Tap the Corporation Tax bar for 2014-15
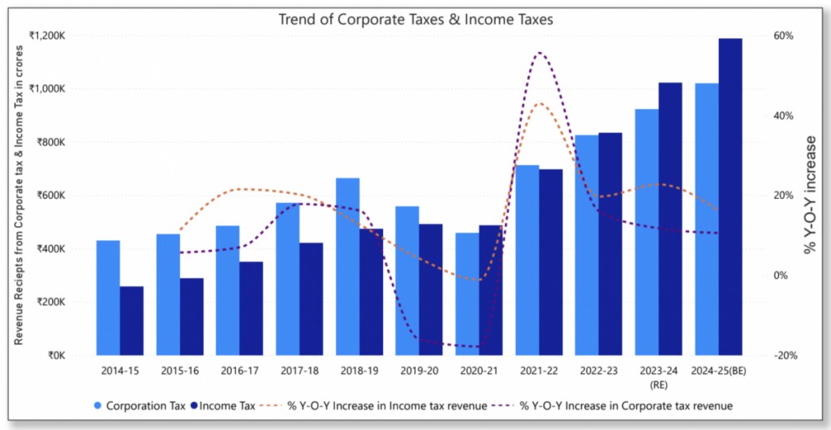point(108,298)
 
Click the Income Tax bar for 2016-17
point(251,308)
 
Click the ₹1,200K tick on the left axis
point(46,36)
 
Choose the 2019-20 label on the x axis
point(419,370)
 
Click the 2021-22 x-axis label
point(539,370)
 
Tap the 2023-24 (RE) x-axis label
point(658,376)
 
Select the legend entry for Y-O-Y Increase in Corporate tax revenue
point(624,405)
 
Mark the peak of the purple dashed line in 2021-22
point(540,54)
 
